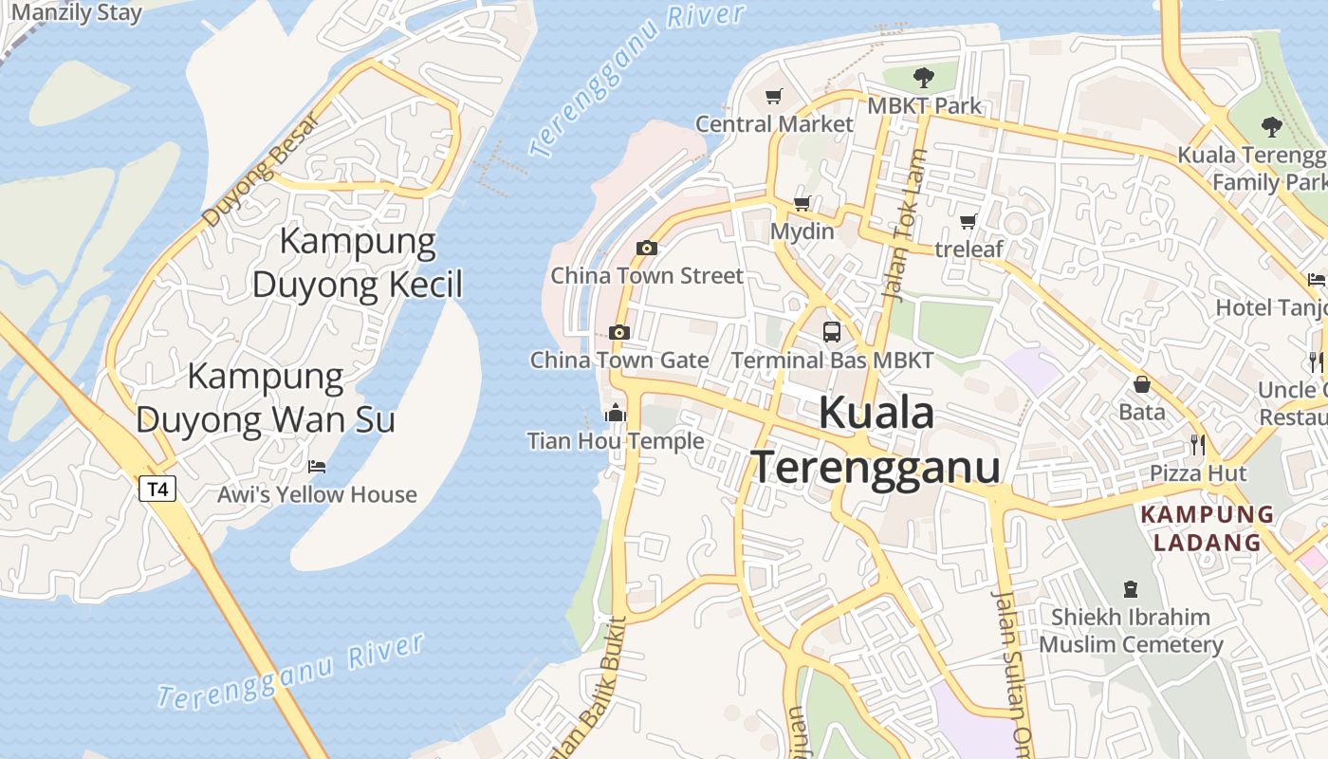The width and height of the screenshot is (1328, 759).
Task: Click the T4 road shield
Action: click(157, 490)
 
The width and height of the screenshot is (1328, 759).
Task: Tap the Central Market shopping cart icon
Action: click(774, 96)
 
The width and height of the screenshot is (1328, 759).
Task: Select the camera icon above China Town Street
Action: click(647, 249)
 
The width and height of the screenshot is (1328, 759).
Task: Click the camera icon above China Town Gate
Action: click(619, 332)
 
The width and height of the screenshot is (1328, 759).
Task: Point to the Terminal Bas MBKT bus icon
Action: click(832, 332)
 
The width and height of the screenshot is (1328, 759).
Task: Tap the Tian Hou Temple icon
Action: click(616, 414)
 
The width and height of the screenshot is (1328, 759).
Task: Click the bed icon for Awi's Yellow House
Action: click(317, 467)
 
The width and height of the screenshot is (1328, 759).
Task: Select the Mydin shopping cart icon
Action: click(802, 203)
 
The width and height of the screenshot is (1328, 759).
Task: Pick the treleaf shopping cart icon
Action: click(968, 221)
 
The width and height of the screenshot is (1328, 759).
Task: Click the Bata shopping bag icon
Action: click(1142, 384)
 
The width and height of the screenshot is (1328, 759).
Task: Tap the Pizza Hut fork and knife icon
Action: click(1198, 444)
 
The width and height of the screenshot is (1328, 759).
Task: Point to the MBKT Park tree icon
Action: click(924, 77)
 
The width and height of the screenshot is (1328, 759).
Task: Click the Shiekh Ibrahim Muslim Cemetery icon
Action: click(1130, 589)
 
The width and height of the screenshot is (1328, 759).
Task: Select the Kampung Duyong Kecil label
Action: click(358, 263)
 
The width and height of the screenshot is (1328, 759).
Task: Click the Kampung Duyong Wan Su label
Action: click(266, 398)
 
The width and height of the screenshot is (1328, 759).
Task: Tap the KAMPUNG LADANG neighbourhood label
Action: click(1207, 528)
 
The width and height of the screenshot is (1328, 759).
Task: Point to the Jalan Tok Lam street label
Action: click(904, 226)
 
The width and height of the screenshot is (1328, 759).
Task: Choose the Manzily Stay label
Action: click(76, 13)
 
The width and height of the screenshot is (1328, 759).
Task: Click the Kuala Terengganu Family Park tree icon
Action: click(1272, 126)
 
